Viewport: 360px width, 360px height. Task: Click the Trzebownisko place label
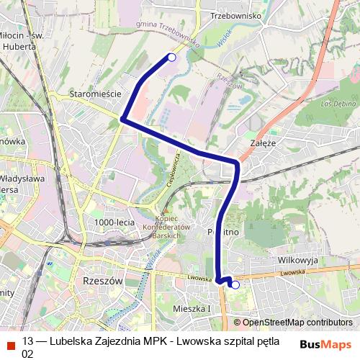point(234,15)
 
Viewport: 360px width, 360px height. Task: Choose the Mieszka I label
point(192,309)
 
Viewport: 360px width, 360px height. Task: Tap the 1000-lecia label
point(114,222)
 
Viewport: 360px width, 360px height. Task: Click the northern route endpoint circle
point(171,56)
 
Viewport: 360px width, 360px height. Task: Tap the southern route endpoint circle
point(235,285)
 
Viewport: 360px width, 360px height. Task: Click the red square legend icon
point(9,343)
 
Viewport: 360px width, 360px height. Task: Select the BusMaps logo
point(325,343)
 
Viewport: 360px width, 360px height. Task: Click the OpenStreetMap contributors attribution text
point(292,323)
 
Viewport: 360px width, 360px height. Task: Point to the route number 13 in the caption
point(28,341)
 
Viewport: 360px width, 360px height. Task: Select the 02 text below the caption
point(28,354)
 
